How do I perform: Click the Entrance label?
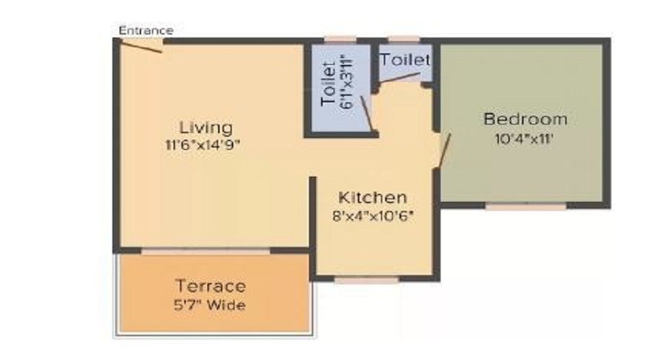pyautogui.click(x=146, y=30)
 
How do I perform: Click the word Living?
pyautogui.click(x=206, y=128)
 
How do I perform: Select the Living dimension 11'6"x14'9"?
pyautogui.click(x=202, y=145)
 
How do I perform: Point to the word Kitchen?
pyautogui.click(x=372, y=197)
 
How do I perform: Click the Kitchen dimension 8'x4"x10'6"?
pyautogui.click(x=373, y=216)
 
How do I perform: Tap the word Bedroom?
pyautogui.click(x=526, y=119)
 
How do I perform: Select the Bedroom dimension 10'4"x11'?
pyautogui.click(x=523, y=139)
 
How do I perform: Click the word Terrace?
pyautogui.click(x=211, y=286)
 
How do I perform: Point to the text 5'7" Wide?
pyautogui.click(x=210, y=305)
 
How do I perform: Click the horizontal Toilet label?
pyautogui.click(x=405, y=60)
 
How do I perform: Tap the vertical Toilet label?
pyautogui.click(x=328, y=84)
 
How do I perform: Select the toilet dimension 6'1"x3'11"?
pyautogui.click(x=347, y=83)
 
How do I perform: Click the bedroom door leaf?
pyautogui.click(x=444, y=150)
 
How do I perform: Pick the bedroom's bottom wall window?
pyautogui.click(x=526, y=206)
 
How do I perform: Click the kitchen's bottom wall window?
pyautogui.click(x=366, y=281)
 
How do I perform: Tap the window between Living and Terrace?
pyautogui.click(x=206, y=251)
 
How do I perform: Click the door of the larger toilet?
pyautogui.click(x=366, y=114)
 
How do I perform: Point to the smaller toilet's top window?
pyautogui.click(x=404, y=40)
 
